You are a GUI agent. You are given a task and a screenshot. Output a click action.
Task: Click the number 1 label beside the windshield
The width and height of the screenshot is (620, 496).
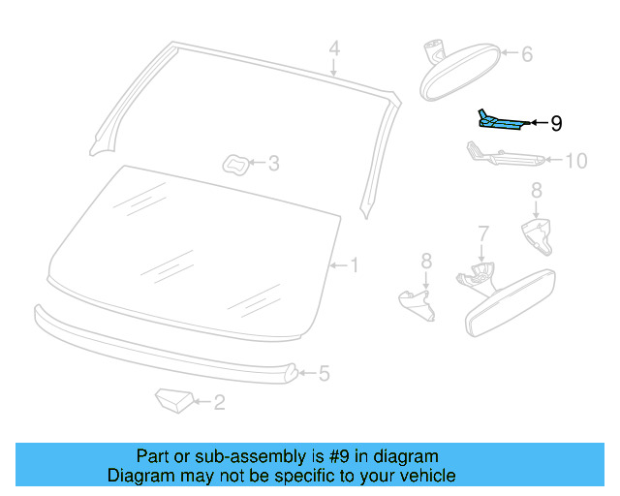pyautogui.click(x=355, y=264)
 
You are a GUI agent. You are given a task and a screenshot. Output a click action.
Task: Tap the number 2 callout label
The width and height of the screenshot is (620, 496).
pyautogui.click(x=219, y=402)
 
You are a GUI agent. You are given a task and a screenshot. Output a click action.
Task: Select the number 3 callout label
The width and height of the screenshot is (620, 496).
pyautogui.click(x=273, y=164)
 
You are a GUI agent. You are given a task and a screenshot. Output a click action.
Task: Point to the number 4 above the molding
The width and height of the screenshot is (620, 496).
pyautogui.click(x=333, y=47)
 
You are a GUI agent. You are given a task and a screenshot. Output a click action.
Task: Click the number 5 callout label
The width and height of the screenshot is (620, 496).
pyautogui.click(x=325, y=372)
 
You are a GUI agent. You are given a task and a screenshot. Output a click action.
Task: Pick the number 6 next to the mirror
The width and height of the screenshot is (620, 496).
pyautogui.click(x=527, y=54)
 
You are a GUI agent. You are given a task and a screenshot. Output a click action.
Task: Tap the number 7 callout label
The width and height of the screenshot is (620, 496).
pyautogui.click(x=482, y=232)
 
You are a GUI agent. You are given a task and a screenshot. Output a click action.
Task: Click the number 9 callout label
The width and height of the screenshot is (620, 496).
pyautogui.click(x=555, y=123)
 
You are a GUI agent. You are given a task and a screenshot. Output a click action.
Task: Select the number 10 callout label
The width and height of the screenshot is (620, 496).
pyautogui.click(x=575, y=161)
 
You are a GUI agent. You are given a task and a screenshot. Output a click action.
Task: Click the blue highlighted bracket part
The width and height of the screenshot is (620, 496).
pyautogui.click(x=499, y=121)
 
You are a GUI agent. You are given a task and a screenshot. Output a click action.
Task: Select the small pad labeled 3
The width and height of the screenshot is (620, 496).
pyautogui.click(x=235, y=163)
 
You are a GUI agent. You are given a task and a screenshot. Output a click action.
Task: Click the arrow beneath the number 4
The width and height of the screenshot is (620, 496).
pyautogui.click(x=333, y=67)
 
